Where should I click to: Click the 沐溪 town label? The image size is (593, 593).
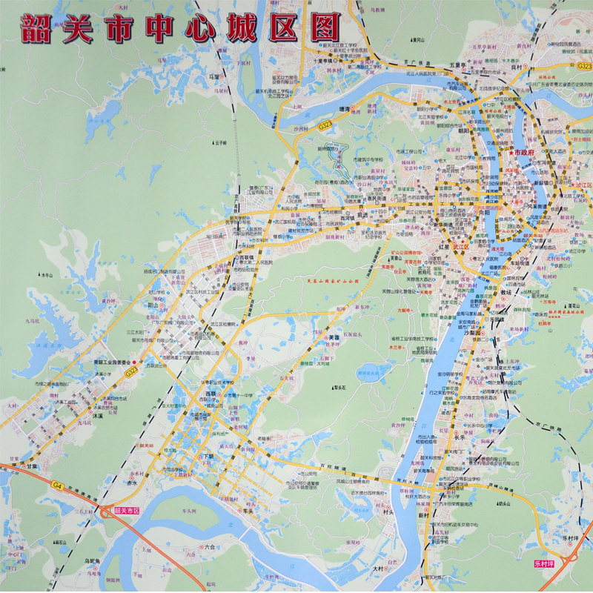[x=98, y=416]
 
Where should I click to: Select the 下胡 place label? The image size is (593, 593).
[x=208, y=457]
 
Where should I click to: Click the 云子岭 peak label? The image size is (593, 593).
[x=219, y=142]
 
